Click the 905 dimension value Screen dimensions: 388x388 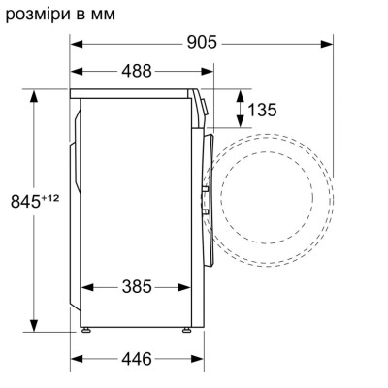coord(200,43)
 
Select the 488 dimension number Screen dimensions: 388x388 coord(142,72)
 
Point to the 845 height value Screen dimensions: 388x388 coord(26,201)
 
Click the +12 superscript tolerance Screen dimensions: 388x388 coord(49,197)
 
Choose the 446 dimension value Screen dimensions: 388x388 coord(136,359)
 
